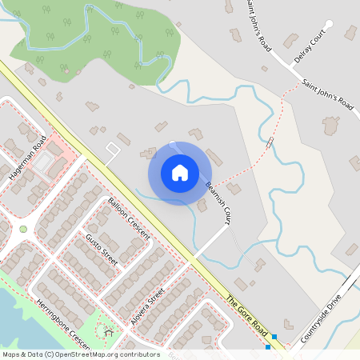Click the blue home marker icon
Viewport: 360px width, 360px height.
[180, 173]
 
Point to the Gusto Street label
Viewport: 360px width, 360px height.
[101, 249]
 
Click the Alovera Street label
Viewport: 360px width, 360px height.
[150, 305]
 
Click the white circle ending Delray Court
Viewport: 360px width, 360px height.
[329, 24]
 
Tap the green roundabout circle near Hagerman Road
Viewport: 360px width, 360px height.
[23, 229]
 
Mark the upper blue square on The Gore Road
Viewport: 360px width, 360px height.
[274, 337]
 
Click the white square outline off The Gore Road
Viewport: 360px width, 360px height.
[113, 150]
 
